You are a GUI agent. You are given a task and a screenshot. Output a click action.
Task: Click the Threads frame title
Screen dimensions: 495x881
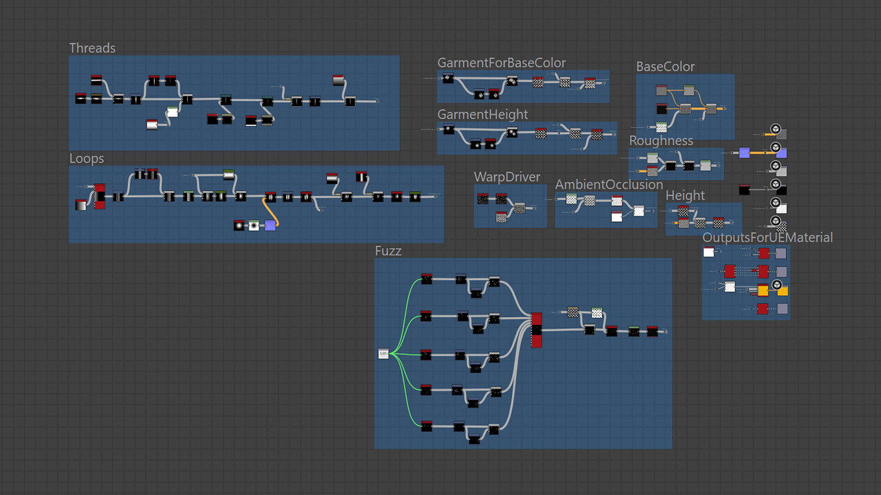[x=92, y=48]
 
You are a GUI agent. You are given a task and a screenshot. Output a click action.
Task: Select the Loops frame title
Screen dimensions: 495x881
[x=86, y=158]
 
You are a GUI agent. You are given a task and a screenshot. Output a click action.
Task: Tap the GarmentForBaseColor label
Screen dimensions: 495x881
[x=501, y=63]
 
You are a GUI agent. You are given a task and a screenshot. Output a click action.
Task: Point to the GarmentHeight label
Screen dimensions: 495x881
[x=482, y=114]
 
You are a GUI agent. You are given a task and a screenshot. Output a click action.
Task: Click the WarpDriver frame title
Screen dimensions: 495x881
[x=507, y=177]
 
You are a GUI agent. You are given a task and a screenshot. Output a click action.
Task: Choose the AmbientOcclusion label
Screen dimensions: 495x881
[x=608, y=185]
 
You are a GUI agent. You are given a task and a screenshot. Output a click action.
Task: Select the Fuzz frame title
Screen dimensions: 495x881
[x=388, y=251]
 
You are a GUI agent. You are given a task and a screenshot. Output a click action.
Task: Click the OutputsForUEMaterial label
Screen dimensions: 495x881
[x=767, y=238]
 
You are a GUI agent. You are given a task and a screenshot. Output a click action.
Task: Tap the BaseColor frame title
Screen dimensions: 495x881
[x=665, y=67]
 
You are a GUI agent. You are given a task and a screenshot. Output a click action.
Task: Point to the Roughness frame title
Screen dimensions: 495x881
[x=661, y=141]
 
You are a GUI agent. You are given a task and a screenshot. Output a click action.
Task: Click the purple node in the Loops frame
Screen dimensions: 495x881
[x=270, y=226]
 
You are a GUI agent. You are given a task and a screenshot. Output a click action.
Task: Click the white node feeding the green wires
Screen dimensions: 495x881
[x=384, y=354]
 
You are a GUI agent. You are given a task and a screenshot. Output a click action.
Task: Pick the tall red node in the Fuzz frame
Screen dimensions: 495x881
[x=536, y=330]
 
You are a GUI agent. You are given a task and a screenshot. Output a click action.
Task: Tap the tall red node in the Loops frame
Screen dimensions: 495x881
[x=100, y=196]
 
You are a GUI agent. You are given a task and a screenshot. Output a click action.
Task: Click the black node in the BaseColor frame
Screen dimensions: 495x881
[x=661, y=109]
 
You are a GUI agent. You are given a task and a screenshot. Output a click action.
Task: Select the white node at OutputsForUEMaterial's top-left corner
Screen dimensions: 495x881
[x=709, y=252]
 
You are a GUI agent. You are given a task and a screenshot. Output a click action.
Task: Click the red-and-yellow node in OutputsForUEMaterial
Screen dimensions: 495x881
[x=762, y=290]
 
